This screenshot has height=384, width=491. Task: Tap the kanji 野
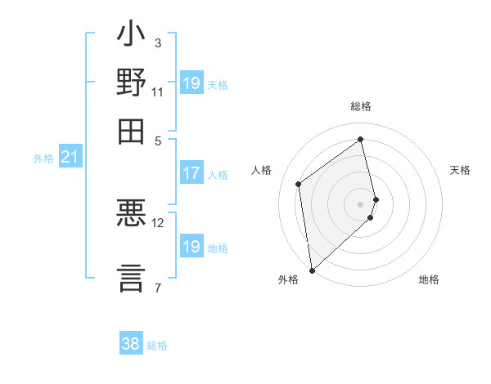click(132, 83)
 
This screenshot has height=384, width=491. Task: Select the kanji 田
click(132, 131)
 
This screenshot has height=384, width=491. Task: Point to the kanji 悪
click(132, 214)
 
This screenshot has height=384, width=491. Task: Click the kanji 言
click(132, 275)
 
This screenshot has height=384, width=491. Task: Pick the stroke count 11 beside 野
click(158, 92)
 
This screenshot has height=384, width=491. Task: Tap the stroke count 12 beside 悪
click(158, 222)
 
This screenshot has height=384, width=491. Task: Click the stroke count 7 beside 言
click(158, 287)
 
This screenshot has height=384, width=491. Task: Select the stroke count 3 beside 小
click(158, 42)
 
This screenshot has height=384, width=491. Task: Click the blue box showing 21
click(70, 156)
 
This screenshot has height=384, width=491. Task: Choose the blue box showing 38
click(131, 344)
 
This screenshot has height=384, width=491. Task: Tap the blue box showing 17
click(191, 173)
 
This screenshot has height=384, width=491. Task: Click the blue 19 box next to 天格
click(191, 83)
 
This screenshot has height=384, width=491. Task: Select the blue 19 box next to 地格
click(191, 247)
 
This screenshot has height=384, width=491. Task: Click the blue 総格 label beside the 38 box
click(157, 346)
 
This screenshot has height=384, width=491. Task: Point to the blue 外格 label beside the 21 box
click(43, 159)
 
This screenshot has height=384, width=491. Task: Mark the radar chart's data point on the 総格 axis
click(360, 139)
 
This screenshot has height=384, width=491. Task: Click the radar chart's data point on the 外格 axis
click(312, 270)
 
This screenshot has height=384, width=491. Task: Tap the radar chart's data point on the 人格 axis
click(299, 184)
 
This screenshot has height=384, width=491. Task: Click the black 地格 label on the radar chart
click(429, 280)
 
